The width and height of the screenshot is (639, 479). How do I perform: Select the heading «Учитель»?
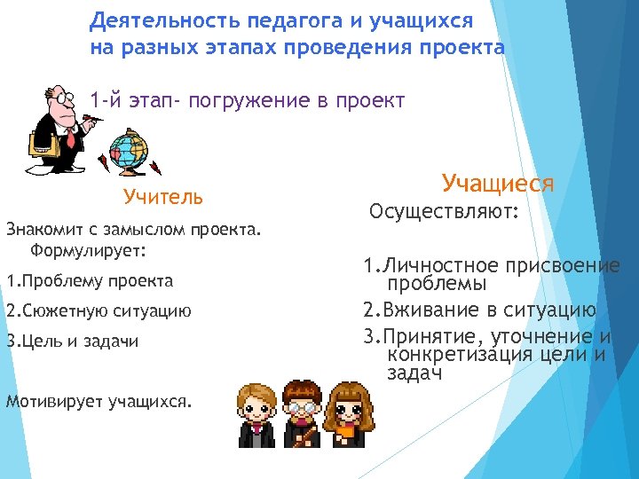[x=163, y=196]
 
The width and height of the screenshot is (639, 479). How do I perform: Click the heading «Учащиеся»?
[x=497, y=185]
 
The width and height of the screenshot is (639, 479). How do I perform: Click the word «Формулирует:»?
[x=87, y=250]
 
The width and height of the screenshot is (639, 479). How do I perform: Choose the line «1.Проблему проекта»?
[x=90, y=281]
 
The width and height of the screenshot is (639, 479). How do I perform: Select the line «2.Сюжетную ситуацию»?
[x=98, y=311]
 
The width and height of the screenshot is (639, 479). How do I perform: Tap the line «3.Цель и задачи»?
[x=72, y=342]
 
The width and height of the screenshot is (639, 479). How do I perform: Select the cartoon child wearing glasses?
[x=304, y=415]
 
